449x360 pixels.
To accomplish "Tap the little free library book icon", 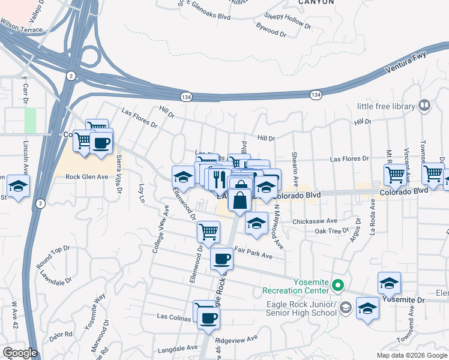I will pyautogui.click(x=425, y=106).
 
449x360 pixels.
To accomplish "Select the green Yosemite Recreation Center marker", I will pyautogui.click(x=338, y=286).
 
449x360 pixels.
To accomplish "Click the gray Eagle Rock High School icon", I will pyautogui.click(x=345, y=308).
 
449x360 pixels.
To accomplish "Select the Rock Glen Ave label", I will pyautogui.click(x=86, y=177).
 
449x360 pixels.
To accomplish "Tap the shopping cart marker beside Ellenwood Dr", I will pyautogui.click(x=208, y=231).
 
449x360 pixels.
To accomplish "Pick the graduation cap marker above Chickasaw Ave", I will pyautogui.click(x=257, y=223).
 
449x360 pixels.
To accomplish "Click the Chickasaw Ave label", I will pyautogui.click(x=315, y=221).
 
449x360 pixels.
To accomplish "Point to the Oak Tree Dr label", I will pyautogui.click(x=331, y=230).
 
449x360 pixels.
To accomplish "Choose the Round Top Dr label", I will pyautogui.click(x=53, y=255).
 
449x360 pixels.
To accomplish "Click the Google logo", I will pyautogui.click(x=20, y=353).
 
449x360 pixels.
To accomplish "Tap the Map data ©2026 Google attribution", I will pyautogui.click(x=411, y=355).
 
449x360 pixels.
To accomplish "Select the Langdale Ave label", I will pyautogui.click(x=178, y=348).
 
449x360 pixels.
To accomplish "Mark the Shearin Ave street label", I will pyautogui.click(x=295, y=170).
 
